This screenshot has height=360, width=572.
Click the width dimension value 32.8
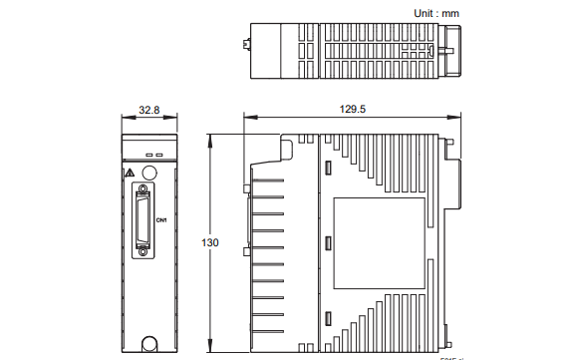(148, 110)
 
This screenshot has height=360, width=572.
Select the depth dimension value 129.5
(353, 110)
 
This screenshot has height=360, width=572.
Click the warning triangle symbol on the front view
(130, 173)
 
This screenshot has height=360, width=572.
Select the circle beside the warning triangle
(148, 172)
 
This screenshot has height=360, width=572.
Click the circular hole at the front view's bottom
(148, 343)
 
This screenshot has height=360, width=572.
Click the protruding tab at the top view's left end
(245, 45)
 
